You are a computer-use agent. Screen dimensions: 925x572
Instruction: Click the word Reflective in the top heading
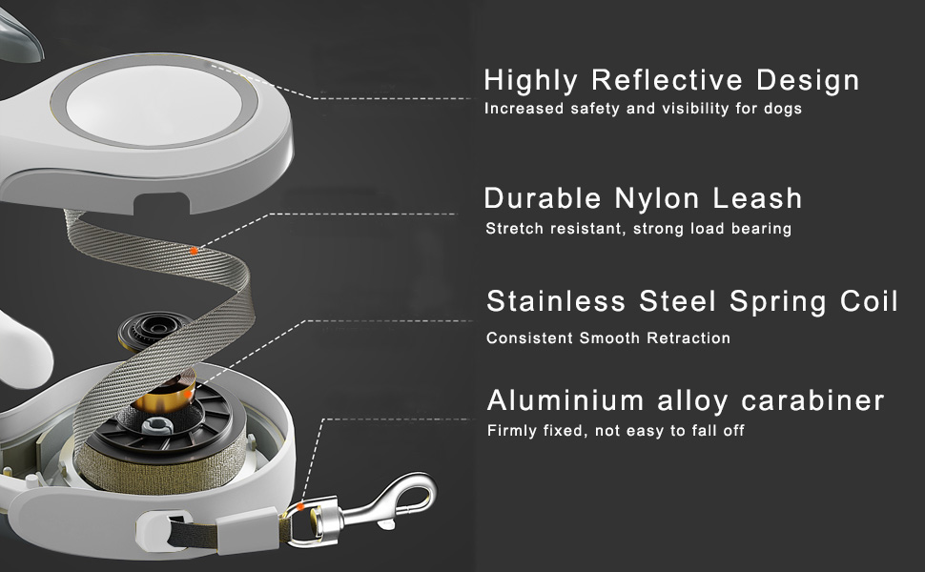(667, 80)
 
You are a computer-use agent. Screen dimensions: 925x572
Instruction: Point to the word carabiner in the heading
(812, 400)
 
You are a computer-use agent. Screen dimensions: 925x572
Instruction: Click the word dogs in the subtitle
(783, 109)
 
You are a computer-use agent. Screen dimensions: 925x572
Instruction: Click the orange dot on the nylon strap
(194, 251)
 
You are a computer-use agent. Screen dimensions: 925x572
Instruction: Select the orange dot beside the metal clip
(300, 506)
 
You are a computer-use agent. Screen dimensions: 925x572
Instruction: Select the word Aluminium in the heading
(565, 400)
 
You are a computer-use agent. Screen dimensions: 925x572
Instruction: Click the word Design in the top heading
(808, 80)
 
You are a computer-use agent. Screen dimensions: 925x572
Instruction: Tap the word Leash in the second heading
(757, 198)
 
